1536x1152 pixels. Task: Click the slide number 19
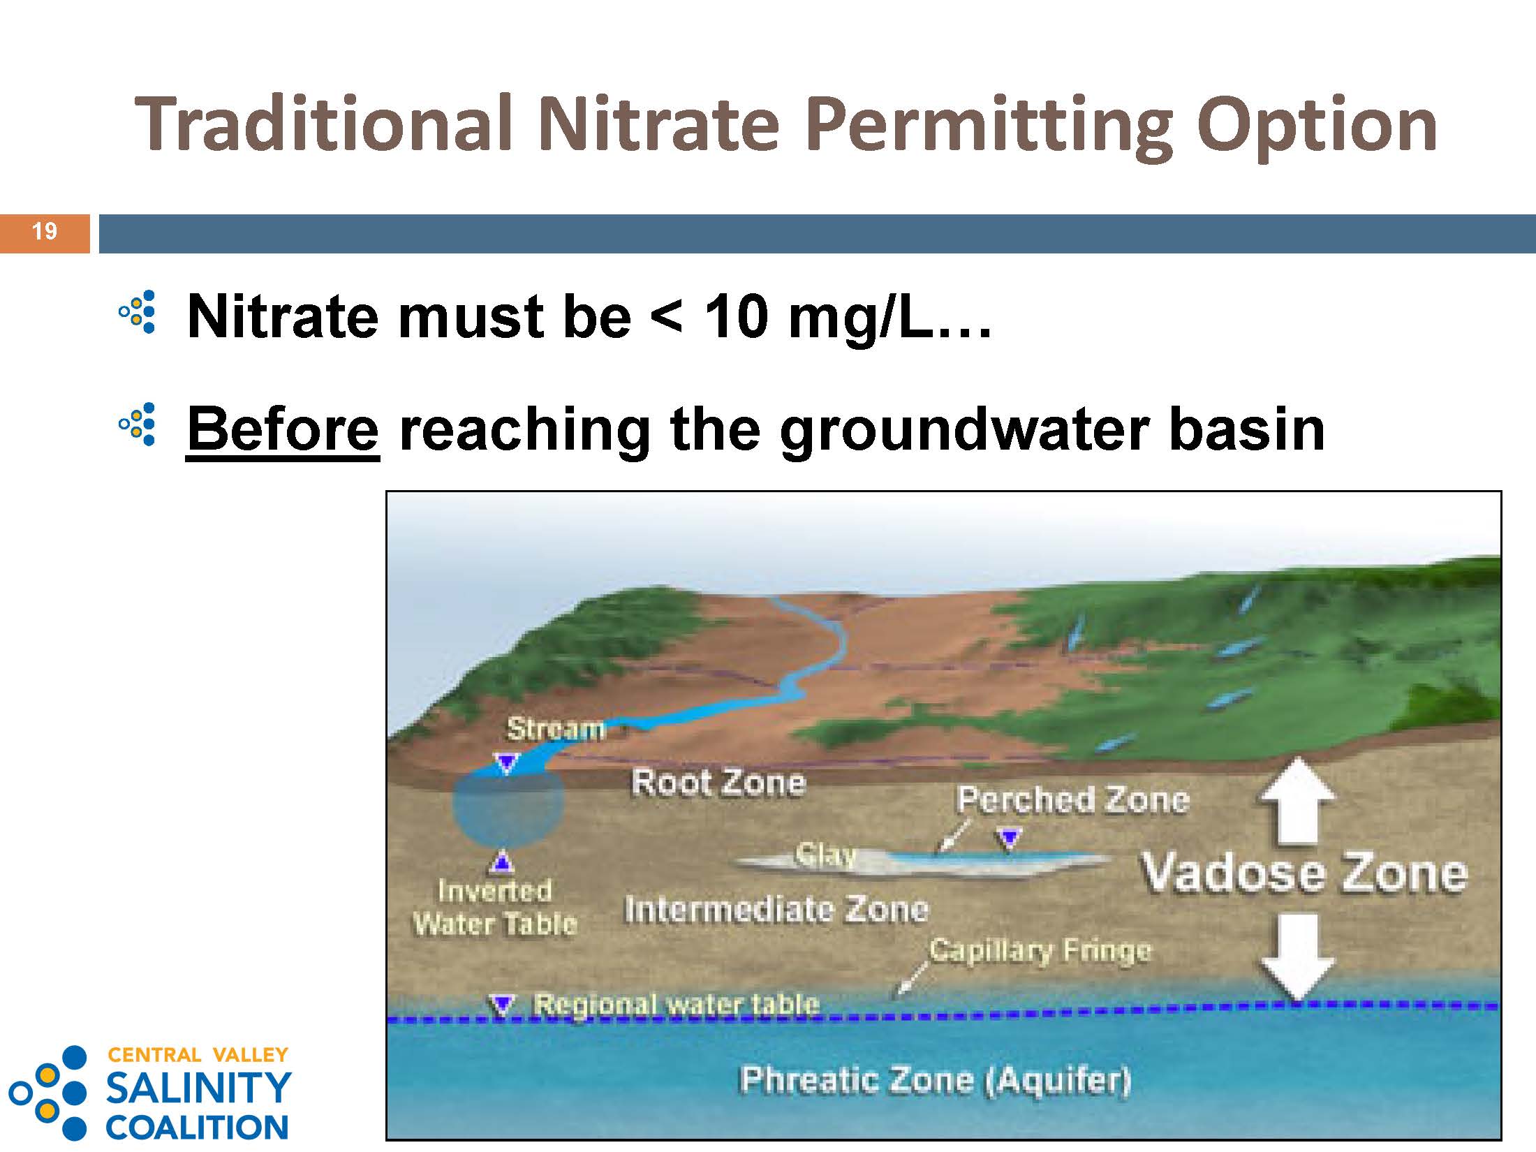point(45,231)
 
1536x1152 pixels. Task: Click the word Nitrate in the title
point(658,124)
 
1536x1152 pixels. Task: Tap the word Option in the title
point(1317,126)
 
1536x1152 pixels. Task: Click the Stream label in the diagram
point(556,729)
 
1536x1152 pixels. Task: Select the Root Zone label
point(718,783)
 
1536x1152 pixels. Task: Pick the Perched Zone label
point(1073,799)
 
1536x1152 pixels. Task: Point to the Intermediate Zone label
point(776,909)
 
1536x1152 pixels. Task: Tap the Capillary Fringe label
point(1040,950)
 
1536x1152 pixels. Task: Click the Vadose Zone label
point(1304,873)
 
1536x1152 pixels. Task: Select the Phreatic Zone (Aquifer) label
point(935,1079)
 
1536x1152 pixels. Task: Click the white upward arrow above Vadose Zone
point(1298,802)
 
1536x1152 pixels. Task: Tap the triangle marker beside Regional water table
point(502,1005)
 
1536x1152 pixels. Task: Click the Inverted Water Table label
point(495,908)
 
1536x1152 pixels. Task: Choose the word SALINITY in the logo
point(198,1086)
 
